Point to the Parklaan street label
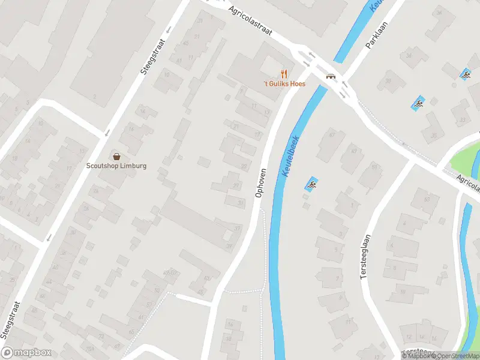pos(376,35)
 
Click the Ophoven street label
pos(260,181)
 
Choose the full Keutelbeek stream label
pos(292,155)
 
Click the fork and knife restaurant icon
pos(284,74)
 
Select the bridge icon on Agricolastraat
pos(330,76)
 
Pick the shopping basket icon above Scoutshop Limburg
pos(116,156)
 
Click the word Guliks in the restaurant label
pos(278,84)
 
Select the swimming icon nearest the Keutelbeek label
pos(311,183)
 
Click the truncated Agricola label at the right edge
pos(468,182)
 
